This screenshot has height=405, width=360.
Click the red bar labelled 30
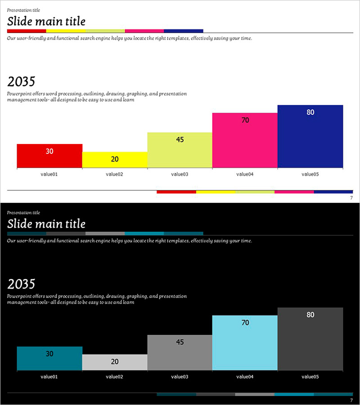pyautogui.click(x=49, y=156)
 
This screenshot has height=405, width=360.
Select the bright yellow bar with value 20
pyautogui.click(x=115, y=160)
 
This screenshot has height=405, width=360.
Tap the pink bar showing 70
pyautogui.click(x=245, y=140)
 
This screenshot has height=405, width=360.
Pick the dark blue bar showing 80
pyautogui.click(x=310, y=136)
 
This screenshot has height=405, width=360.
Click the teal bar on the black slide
pyautogui.click(x=49, y=358)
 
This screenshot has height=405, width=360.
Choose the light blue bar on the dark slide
pyautogui.click(x=245, y=343)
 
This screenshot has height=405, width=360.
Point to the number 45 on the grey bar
pyautogui.click(x=180, y=342)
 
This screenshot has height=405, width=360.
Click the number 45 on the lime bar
pyautogui.click(x=180, y=139)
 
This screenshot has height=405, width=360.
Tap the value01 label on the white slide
pyautogui.click(x=49, y=174)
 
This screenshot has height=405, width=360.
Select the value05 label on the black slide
pyautogui.click(x=310, y=377)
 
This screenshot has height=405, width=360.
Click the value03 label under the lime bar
pyautogui.click(x=180, y=174)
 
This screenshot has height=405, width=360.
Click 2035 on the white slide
pyautogui.click(x=21, y=82)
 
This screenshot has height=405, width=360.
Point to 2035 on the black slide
pyautogui.click(x=21, y=284)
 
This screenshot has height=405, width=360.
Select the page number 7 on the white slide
pyautogui.click(x=351, y=198)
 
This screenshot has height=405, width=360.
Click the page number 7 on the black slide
pyautogui.click(x=351, y=400)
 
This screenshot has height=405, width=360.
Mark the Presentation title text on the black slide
pyautogui.click(x=23, y=212)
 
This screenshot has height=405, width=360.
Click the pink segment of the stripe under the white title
pyautogui.click(x=144, y=31)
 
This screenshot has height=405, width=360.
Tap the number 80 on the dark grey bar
pyautogui.click(x=310, y=315)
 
